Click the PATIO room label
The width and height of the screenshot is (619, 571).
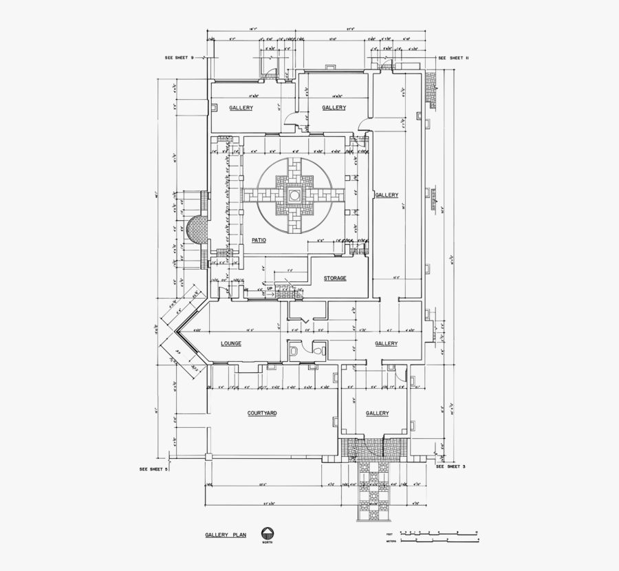coord(259,240)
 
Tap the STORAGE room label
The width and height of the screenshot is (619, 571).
coord(334,278)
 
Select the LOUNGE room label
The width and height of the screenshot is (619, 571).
coord(231,343)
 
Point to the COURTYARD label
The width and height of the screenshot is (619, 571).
coord(262,413)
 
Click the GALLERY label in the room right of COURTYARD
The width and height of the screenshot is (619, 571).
coord(377,413)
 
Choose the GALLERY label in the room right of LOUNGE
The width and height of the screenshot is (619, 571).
coord(387,343)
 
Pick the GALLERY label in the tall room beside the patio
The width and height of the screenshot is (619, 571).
coord(387,195)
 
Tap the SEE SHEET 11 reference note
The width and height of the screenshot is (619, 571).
coord(453,58)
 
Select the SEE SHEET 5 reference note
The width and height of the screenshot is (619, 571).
coord(153,469)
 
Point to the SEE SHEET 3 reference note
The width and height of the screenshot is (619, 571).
coord(451,466)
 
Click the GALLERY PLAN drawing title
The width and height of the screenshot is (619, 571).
coord(225,534)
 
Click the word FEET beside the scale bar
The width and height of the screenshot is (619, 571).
coord(389,534)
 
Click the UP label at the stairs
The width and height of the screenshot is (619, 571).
coord(260,289)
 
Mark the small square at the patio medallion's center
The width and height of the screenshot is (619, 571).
coord(294,196)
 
